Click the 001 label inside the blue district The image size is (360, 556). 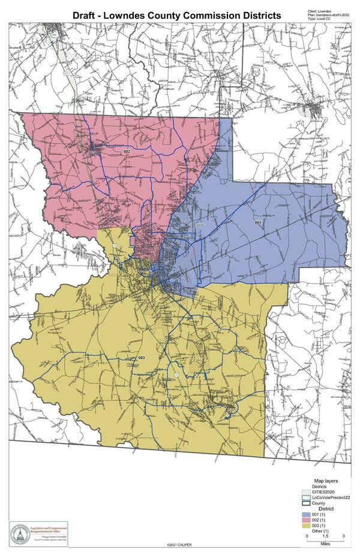point(259,223)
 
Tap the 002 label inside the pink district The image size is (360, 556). point(127,152)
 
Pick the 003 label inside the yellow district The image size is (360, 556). point(142,358)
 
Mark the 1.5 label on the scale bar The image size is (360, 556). point(325,536)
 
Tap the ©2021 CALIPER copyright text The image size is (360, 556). point(179,545)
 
